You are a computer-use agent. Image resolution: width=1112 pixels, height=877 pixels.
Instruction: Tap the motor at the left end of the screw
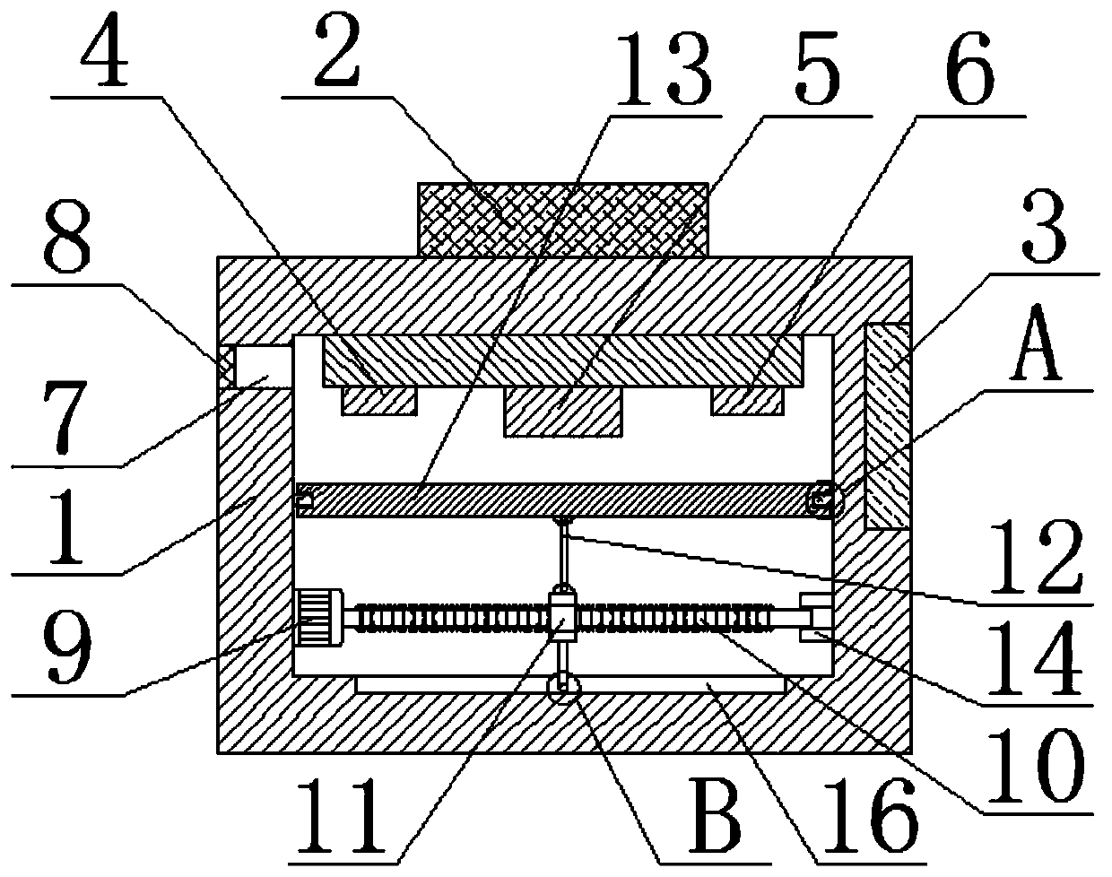coord(317,617)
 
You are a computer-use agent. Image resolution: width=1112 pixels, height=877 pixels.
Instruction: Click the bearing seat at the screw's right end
coord(814,619)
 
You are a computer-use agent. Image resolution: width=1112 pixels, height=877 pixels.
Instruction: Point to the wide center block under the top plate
coord(562,413)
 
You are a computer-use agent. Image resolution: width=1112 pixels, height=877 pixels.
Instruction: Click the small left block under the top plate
coord(378,402)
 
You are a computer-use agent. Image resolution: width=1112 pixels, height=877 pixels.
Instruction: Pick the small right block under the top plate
coord(747,401)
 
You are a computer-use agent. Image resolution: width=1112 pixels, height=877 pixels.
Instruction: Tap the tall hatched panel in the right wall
coord(887,427)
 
